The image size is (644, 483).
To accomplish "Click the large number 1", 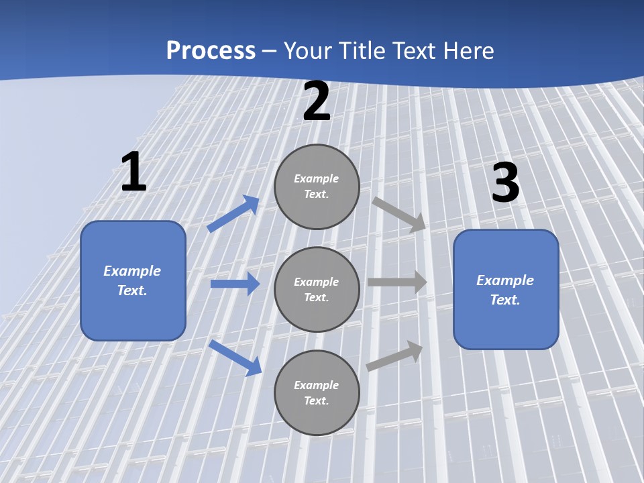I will (133, 172).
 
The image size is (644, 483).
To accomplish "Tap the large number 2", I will (317, 102).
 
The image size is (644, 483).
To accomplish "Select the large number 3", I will (505, 182).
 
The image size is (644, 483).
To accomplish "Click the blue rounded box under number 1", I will (133, 280).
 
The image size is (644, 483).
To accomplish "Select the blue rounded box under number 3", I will (506, 290).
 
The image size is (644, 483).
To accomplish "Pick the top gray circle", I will (317, 186).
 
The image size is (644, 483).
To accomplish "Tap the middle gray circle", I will (317, 289).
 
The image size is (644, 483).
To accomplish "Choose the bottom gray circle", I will (317, 392).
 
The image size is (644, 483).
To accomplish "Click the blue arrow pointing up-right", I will (233, 213).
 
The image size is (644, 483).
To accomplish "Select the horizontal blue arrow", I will (235, 284).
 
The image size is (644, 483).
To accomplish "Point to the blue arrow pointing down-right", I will (235, 357).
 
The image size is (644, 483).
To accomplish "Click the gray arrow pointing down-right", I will (399, 215).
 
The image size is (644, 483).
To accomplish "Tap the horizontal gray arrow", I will (397, 282).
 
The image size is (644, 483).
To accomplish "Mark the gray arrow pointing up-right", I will (394, 356).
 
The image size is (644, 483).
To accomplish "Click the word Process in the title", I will (211, 50).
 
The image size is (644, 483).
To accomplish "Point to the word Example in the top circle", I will (317, 178).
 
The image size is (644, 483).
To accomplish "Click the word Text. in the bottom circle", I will (317, 400).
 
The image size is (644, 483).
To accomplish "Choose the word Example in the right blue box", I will (505, 280).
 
